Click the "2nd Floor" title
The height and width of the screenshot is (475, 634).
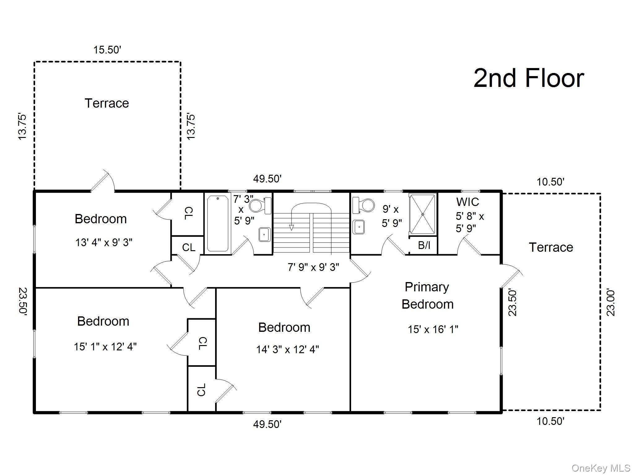[x=528, y=79]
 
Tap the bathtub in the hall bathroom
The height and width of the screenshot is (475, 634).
[x=218, y=223]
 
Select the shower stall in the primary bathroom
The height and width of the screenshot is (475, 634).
[x=423, y=214]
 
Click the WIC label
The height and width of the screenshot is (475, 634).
[x=467, y=202]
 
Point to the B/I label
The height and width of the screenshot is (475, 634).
[x=424, y=245]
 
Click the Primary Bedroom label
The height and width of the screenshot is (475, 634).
[x=427, y=295]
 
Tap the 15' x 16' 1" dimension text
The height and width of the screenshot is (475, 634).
[x=432, y=329]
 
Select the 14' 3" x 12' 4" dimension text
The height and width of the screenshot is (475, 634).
[x=287, y=349]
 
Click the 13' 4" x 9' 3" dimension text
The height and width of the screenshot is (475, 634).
[x=104, y=242]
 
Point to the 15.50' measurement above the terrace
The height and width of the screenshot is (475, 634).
[x=107, y=50]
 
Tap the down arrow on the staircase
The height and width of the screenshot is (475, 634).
[x=291, y=228]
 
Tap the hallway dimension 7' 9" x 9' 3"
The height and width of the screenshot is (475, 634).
[x=313, y=267]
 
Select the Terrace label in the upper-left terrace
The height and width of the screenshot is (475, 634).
[x=107, y=103]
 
